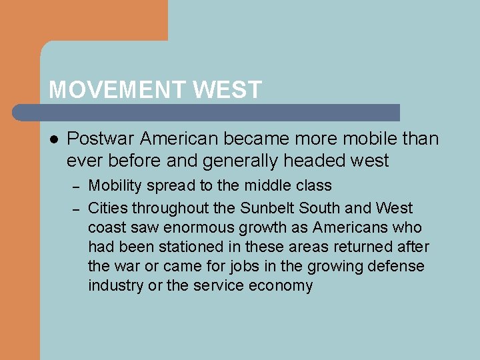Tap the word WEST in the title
pos(228,90)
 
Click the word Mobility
pos(113,185)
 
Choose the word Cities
pos(108,208)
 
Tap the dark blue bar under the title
pos(220,112)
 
